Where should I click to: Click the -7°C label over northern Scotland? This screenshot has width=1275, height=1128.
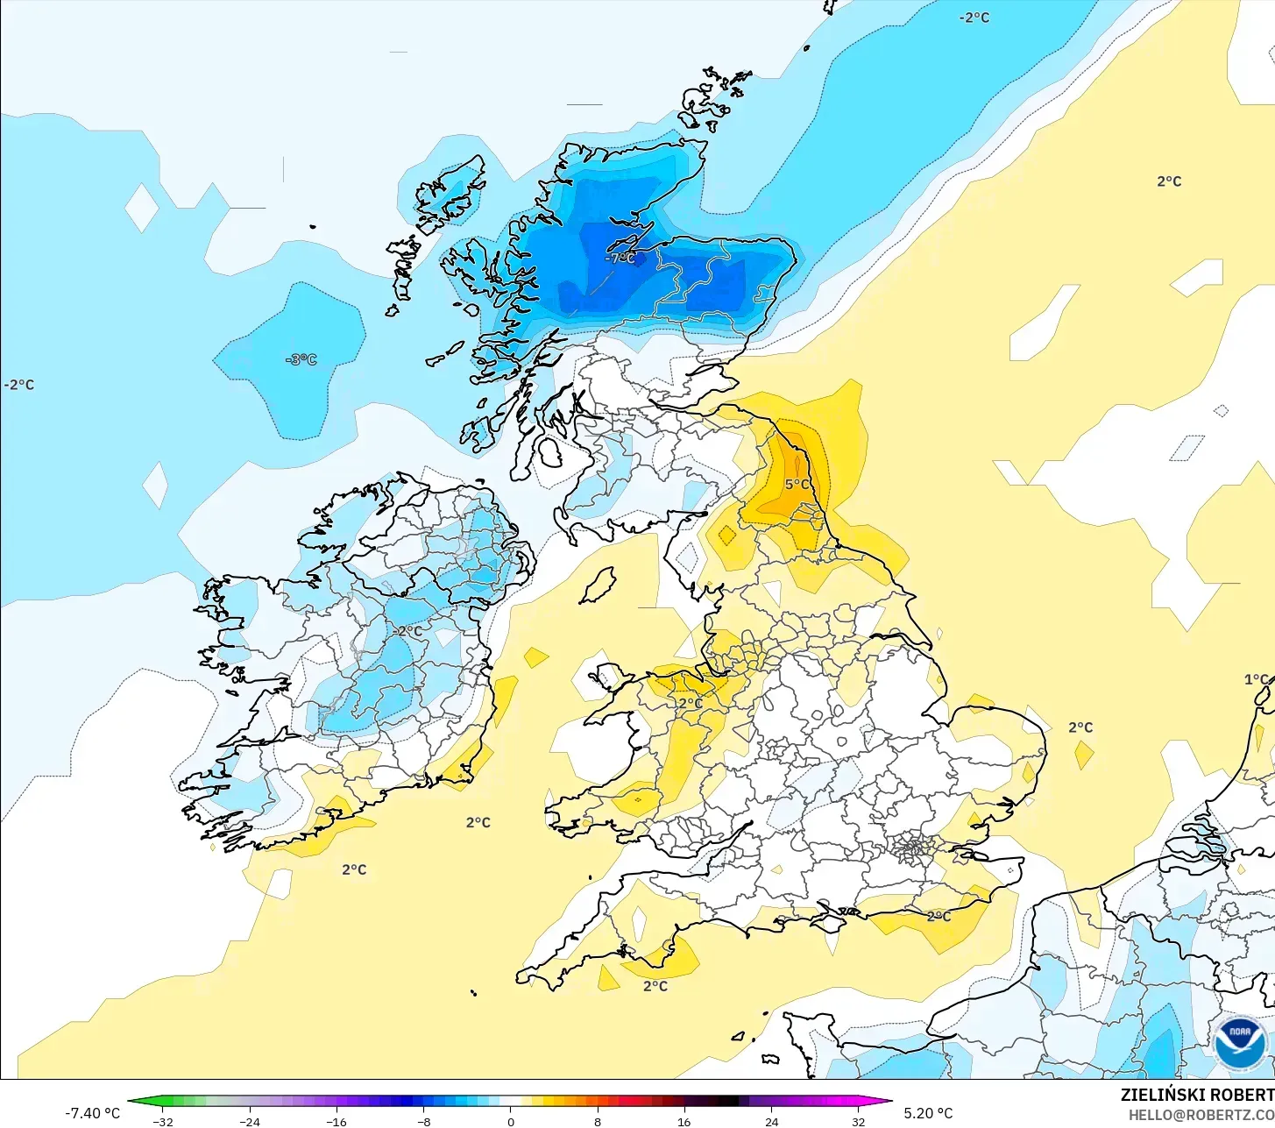pyautogui.click(x=620, y=259)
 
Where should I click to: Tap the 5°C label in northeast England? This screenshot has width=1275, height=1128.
pyautogui.click(x=797, y=485)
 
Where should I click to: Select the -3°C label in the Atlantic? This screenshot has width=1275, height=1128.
pyautogui.click(x=301, y=359)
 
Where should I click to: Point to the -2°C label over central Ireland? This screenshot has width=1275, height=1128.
pyautogui.click(x=407, y=631)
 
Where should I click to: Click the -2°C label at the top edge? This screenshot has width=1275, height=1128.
pyautogui.click(x=974, y=18)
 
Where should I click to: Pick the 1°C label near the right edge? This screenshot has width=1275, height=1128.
pyautogui.click(x=1257, y=679)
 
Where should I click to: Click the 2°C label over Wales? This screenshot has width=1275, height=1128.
pyautogui.click(x=691, y=703)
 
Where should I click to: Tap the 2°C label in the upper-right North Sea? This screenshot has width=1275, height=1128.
pyautogui.click(x=1169, y=181)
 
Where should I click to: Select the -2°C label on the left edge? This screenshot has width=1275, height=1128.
pyautogui.click(x=19, y=385)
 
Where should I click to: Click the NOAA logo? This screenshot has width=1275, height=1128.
pyautogui.click(x=1239, y=1042)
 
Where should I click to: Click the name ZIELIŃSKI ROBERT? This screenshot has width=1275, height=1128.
pyautogui.click(x=1197, y=1095)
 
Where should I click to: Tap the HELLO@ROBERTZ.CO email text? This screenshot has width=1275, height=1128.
pyautogui.click(x=1201, y=1115)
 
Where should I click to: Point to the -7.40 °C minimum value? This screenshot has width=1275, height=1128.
pyautogui.click(x=92, y=1113)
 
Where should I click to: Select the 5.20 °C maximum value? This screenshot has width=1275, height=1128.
pyautogui.click(x=928, y=1113)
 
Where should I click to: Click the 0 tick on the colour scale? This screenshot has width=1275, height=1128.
pyautogui.click(x=511, y=1121)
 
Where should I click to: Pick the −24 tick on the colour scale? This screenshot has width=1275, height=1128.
pyautogui.click(x=250, y=1121)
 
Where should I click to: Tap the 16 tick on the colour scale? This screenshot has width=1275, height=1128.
pyautogui.click(x=684, y=1121)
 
